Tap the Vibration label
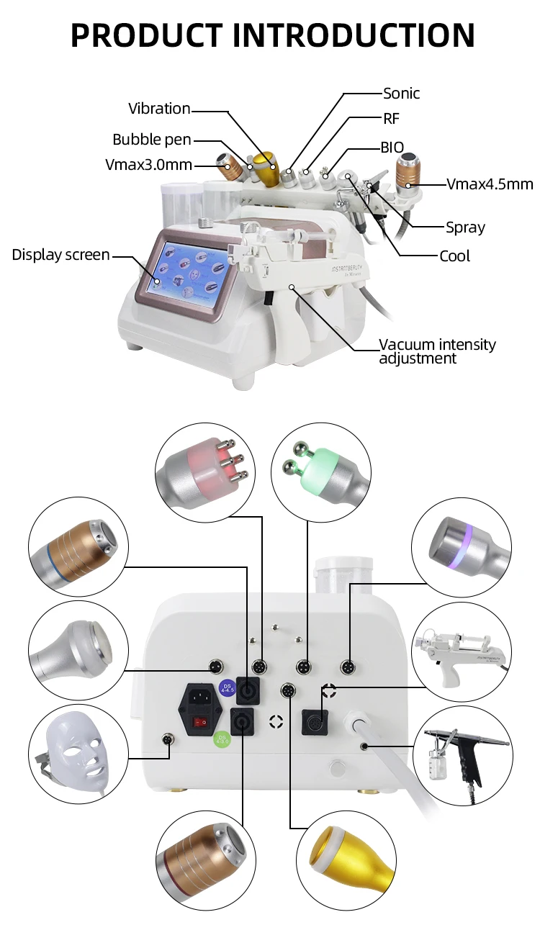[x=159, y=109]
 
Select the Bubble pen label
[x=151, y=140]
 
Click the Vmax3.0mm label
[x=148, y=165]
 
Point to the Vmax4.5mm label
[x=490, y=184]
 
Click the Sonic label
[x=401, y=94]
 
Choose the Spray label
[x=465, y=227]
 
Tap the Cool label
[x=454, y=256]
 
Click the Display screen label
[x=60, y=255]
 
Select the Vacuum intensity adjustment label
[x=437, y=351]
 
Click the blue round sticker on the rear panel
[x=226, y=685]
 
